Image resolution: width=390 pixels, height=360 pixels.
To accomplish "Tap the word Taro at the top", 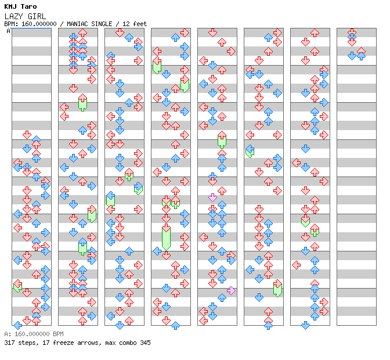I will pos(28,6).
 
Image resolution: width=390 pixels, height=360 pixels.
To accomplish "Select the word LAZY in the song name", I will pos(13,16).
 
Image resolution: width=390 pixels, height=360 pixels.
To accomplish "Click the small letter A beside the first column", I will pos(9,31).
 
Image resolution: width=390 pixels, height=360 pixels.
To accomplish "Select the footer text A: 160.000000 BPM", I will pos(34,334).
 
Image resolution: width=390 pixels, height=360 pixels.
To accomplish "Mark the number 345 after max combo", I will pos(145,343).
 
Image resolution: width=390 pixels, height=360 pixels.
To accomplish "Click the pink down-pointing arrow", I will pos(212,197).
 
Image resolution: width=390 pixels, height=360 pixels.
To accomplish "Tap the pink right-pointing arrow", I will pos(231,290).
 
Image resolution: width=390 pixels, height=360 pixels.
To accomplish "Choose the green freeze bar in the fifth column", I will pos(222,140).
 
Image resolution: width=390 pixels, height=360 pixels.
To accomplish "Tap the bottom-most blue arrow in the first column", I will pos(18,325).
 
